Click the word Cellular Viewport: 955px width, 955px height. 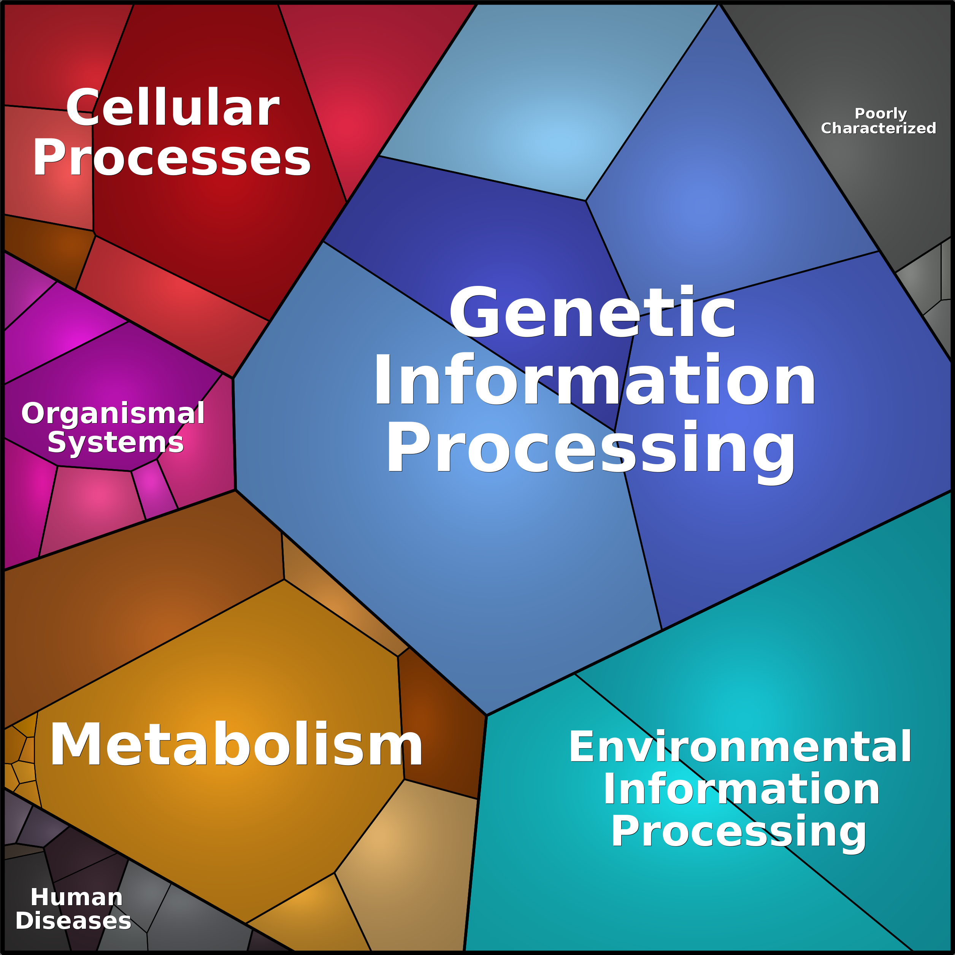click(x=173, y=107)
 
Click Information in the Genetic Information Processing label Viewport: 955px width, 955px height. click(x=594, y=380)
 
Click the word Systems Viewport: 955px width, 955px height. click(x=116, y=442)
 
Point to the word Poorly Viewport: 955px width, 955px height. click(x=880, y=114)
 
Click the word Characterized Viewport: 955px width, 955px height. click(x=878, y=128)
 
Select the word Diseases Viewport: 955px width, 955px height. click(x=73, y=920)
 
